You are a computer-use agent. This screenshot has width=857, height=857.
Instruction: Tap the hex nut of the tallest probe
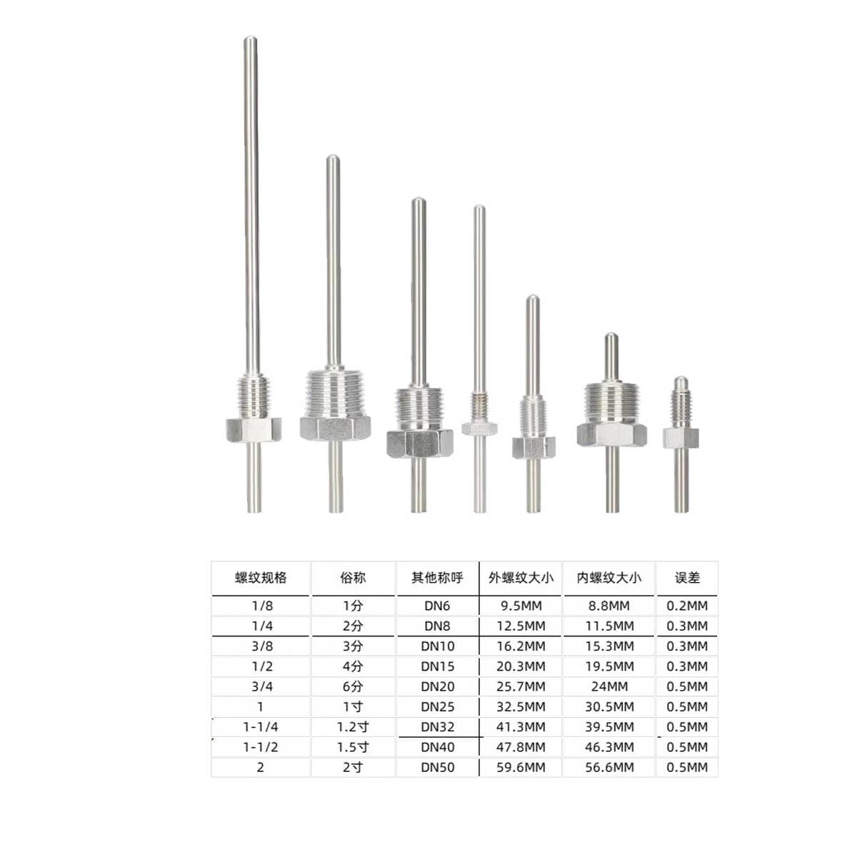[254, 429]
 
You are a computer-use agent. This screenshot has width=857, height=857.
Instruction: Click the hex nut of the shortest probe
[681, 438]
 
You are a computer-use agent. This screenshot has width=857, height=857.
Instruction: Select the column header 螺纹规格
[261, 578]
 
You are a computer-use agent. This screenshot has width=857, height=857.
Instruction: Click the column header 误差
[687, 578]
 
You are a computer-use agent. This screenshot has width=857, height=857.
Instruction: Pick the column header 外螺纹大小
[521, 578]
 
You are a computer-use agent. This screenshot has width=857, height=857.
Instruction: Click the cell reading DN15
[438, 666]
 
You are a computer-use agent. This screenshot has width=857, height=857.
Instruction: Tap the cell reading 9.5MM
[521, 606]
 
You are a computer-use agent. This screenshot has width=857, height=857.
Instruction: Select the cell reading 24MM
[609, 686]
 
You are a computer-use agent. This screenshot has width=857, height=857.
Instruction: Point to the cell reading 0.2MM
[687, 606]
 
